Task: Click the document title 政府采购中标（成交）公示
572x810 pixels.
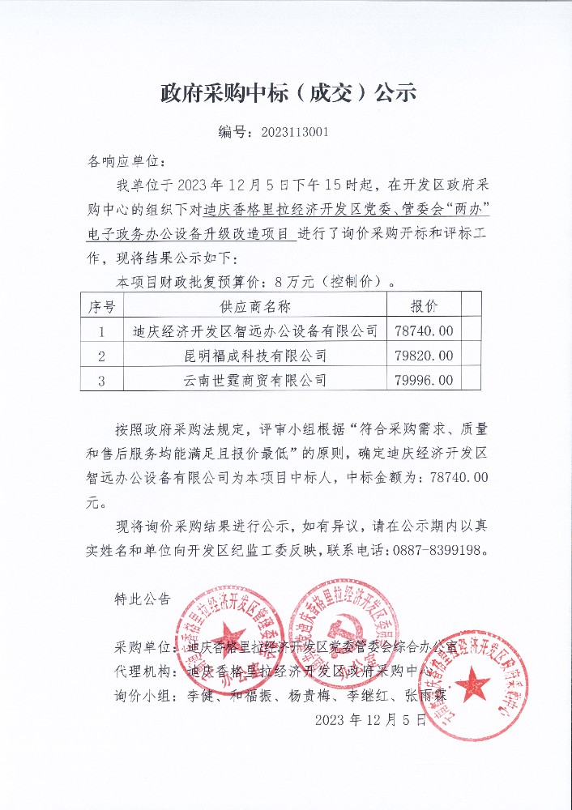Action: (288, 93)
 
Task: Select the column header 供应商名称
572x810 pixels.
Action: (255, 306)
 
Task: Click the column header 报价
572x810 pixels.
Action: (425, 306)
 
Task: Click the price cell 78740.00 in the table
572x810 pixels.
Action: (425, 330)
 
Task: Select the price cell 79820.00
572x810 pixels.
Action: (425, 355)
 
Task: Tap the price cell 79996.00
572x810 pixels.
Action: (425, 379)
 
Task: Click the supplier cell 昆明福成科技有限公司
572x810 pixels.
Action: (255, 355)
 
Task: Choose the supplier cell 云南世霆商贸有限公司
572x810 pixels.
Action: (255, 379)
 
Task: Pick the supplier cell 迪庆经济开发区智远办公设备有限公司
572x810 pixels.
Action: (255, 330)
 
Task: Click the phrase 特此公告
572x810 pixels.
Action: (143, 599)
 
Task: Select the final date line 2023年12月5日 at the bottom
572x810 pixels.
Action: (370, 719)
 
